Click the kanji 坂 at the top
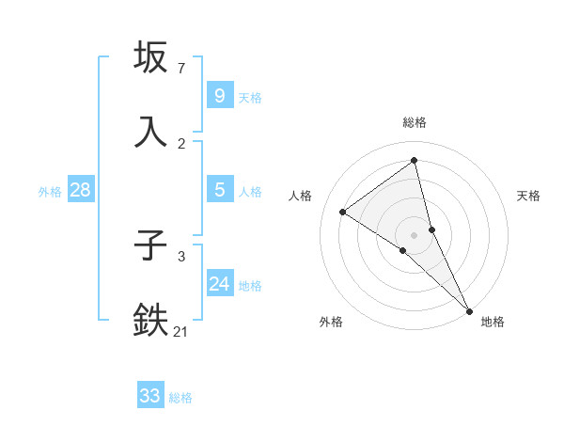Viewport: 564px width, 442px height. pyautogui.click(x=152, y=58)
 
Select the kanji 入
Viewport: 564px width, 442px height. pyautogui.click(x=152, y=132)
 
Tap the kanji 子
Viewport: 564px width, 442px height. pyautogui.click(x=152, y=247)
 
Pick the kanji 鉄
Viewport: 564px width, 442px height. pyautogui.click(x=152, y=320)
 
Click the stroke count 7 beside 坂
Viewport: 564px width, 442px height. pyautogui.click(x=181, y=70)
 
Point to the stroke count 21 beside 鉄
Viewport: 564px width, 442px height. pyautogui.click(x=181, y=331)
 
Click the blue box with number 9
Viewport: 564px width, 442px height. pyautogui.click(x=219, y=95)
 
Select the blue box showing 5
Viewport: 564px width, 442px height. pyautogui.click(x=219, y=190)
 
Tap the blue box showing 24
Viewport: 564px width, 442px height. pyautogui.click(x=219, y=284)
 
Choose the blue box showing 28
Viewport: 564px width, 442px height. pyautogui.click(x=80, y=190)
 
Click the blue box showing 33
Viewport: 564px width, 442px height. pyautogui.click(x=149, y=396)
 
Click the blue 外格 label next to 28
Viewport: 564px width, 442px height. pyautogui.click(x=50, y=192)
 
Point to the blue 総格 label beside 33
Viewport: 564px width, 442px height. pyautogui.click(x=180, y=398)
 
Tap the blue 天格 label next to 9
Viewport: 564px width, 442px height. pyautogui.click(x=250, y=97)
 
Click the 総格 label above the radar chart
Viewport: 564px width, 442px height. pyautogui.click(x=414, y=122)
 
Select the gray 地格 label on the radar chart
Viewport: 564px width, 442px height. pyautogui.click(x=493, y=323)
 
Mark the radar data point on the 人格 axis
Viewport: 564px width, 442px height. pyautogui.click(x=342, y=212)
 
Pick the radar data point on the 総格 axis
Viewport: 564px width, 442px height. pyautogui.click(x=414, y=160)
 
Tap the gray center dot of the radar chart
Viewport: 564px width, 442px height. pyautogui.click(x=414, y=234)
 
